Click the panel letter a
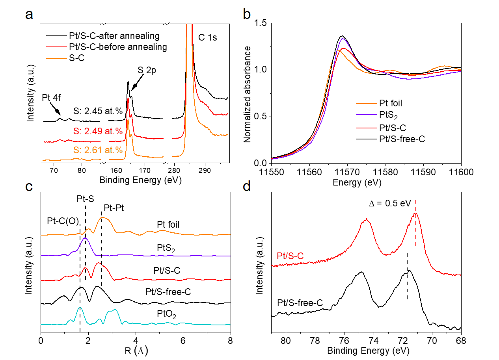click(29, 15)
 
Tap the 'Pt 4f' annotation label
click(50, 98)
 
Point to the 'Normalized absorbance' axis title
click(248, 93)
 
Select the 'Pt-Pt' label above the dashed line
click(114, 208)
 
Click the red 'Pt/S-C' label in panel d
click(290, 256)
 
